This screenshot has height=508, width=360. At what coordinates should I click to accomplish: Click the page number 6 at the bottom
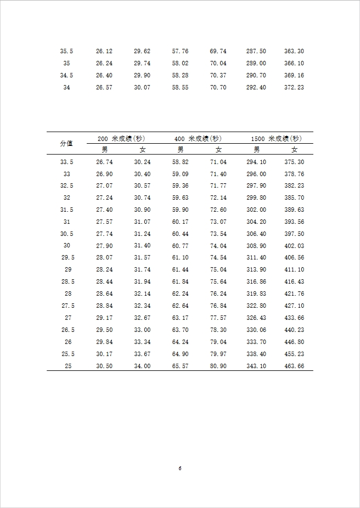point(180,468)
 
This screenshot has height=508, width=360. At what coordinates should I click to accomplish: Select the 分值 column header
point(66,143)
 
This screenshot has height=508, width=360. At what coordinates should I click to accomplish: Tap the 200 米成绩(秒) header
point(121,138)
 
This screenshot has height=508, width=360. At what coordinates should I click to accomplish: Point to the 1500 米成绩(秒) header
point(276,138)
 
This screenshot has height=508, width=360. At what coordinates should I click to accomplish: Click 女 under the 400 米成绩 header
point(218,149)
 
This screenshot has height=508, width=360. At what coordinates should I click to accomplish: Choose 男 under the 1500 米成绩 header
point(256,149)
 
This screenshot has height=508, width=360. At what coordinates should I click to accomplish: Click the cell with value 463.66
point(294,366)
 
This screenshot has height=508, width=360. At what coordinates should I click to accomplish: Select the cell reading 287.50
point(256,51)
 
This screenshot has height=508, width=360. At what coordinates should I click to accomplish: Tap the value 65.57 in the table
point(180,366)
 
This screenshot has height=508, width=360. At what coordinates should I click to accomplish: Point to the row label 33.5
point(66,162)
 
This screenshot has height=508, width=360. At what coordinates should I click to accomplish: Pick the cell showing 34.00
point(142,366)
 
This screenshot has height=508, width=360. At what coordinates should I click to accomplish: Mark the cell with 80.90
point(218,366)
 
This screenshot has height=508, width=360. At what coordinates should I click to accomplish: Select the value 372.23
point(294,87)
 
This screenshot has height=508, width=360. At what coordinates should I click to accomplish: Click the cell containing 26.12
point(104,51)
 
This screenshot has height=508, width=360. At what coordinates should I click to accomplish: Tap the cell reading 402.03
point(294,246)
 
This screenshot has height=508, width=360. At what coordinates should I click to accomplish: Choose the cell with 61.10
point(180,257)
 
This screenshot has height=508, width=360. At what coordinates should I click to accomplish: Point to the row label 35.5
point(66,51)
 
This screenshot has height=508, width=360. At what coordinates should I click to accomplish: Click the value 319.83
point(256,293)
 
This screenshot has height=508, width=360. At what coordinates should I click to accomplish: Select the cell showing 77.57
point(218,318)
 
